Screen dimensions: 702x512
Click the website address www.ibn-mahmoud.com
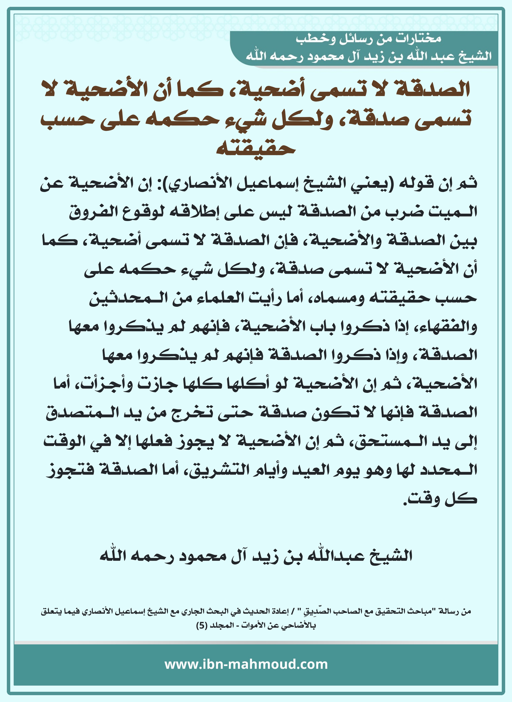246,664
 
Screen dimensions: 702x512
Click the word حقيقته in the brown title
256,148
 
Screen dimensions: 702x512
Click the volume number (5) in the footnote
201,625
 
